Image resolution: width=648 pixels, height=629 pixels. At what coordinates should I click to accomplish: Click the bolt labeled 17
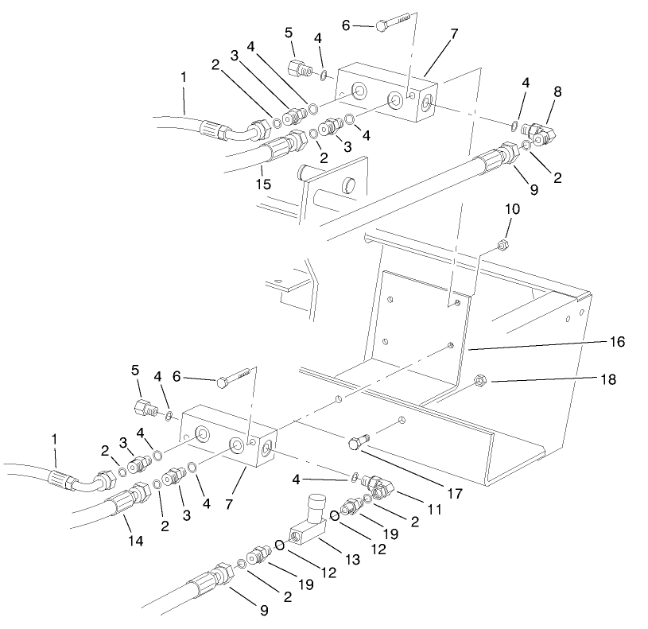358,443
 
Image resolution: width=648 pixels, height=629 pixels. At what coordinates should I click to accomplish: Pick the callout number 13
352,561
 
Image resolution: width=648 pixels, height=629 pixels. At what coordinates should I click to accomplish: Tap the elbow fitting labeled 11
377,483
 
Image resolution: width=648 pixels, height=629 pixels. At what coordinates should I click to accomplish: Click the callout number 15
263,184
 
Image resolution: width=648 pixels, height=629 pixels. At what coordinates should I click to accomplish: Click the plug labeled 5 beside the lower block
142,409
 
